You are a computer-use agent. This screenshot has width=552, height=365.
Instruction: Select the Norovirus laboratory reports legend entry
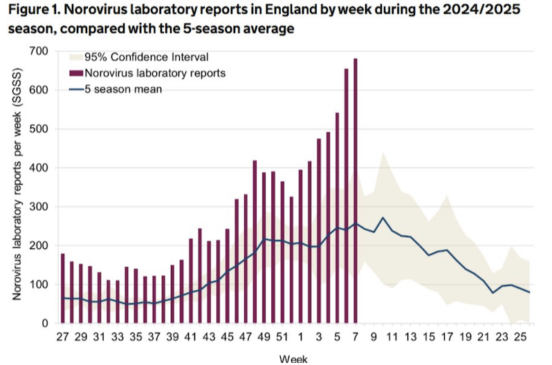(x=154, y=72)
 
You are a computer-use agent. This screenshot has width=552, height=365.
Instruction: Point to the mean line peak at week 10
(x=383, y=218)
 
